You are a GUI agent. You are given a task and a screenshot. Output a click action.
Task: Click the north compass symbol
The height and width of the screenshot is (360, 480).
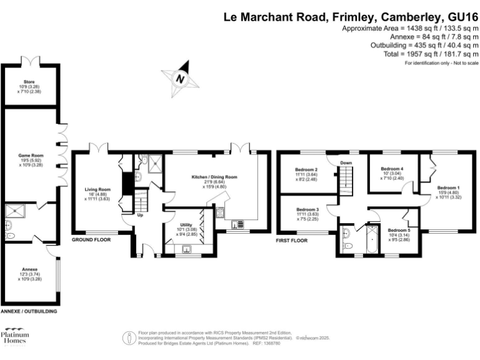[180, 79]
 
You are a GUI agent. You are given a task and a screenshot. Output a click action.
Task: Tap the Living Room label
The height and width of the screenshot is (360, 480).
[97, 189]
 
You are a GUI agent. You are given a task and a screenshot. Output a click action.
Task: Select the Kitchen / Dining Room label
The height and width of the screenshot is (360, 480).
[214, 177]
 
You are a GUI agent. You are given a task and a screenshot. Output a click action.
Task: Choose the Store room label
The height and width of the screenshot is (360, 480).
[29, 81]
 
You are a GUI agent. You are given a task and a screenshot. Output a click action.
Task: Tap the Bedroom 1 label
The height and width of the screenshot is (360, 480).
[448, 188]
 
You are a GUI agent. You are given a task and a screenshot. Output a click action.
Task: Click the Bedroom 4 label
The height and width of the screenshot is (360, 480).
[392, 169]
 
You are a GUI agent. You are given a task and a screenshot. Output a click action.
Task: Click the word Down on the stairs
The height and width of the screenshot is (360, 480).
[346, 164]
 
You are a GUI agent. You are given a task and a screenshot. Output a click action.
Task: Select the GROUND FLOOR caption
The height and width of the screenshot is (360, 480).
[92, 240]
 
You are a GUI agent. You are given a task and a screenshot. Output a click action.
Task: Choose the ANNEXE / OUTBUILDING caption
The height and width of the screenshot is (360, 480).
[29, 311]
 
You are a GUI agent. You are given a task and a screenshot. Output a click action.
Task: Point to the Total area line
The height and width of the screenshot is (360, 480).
[431, 55]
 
